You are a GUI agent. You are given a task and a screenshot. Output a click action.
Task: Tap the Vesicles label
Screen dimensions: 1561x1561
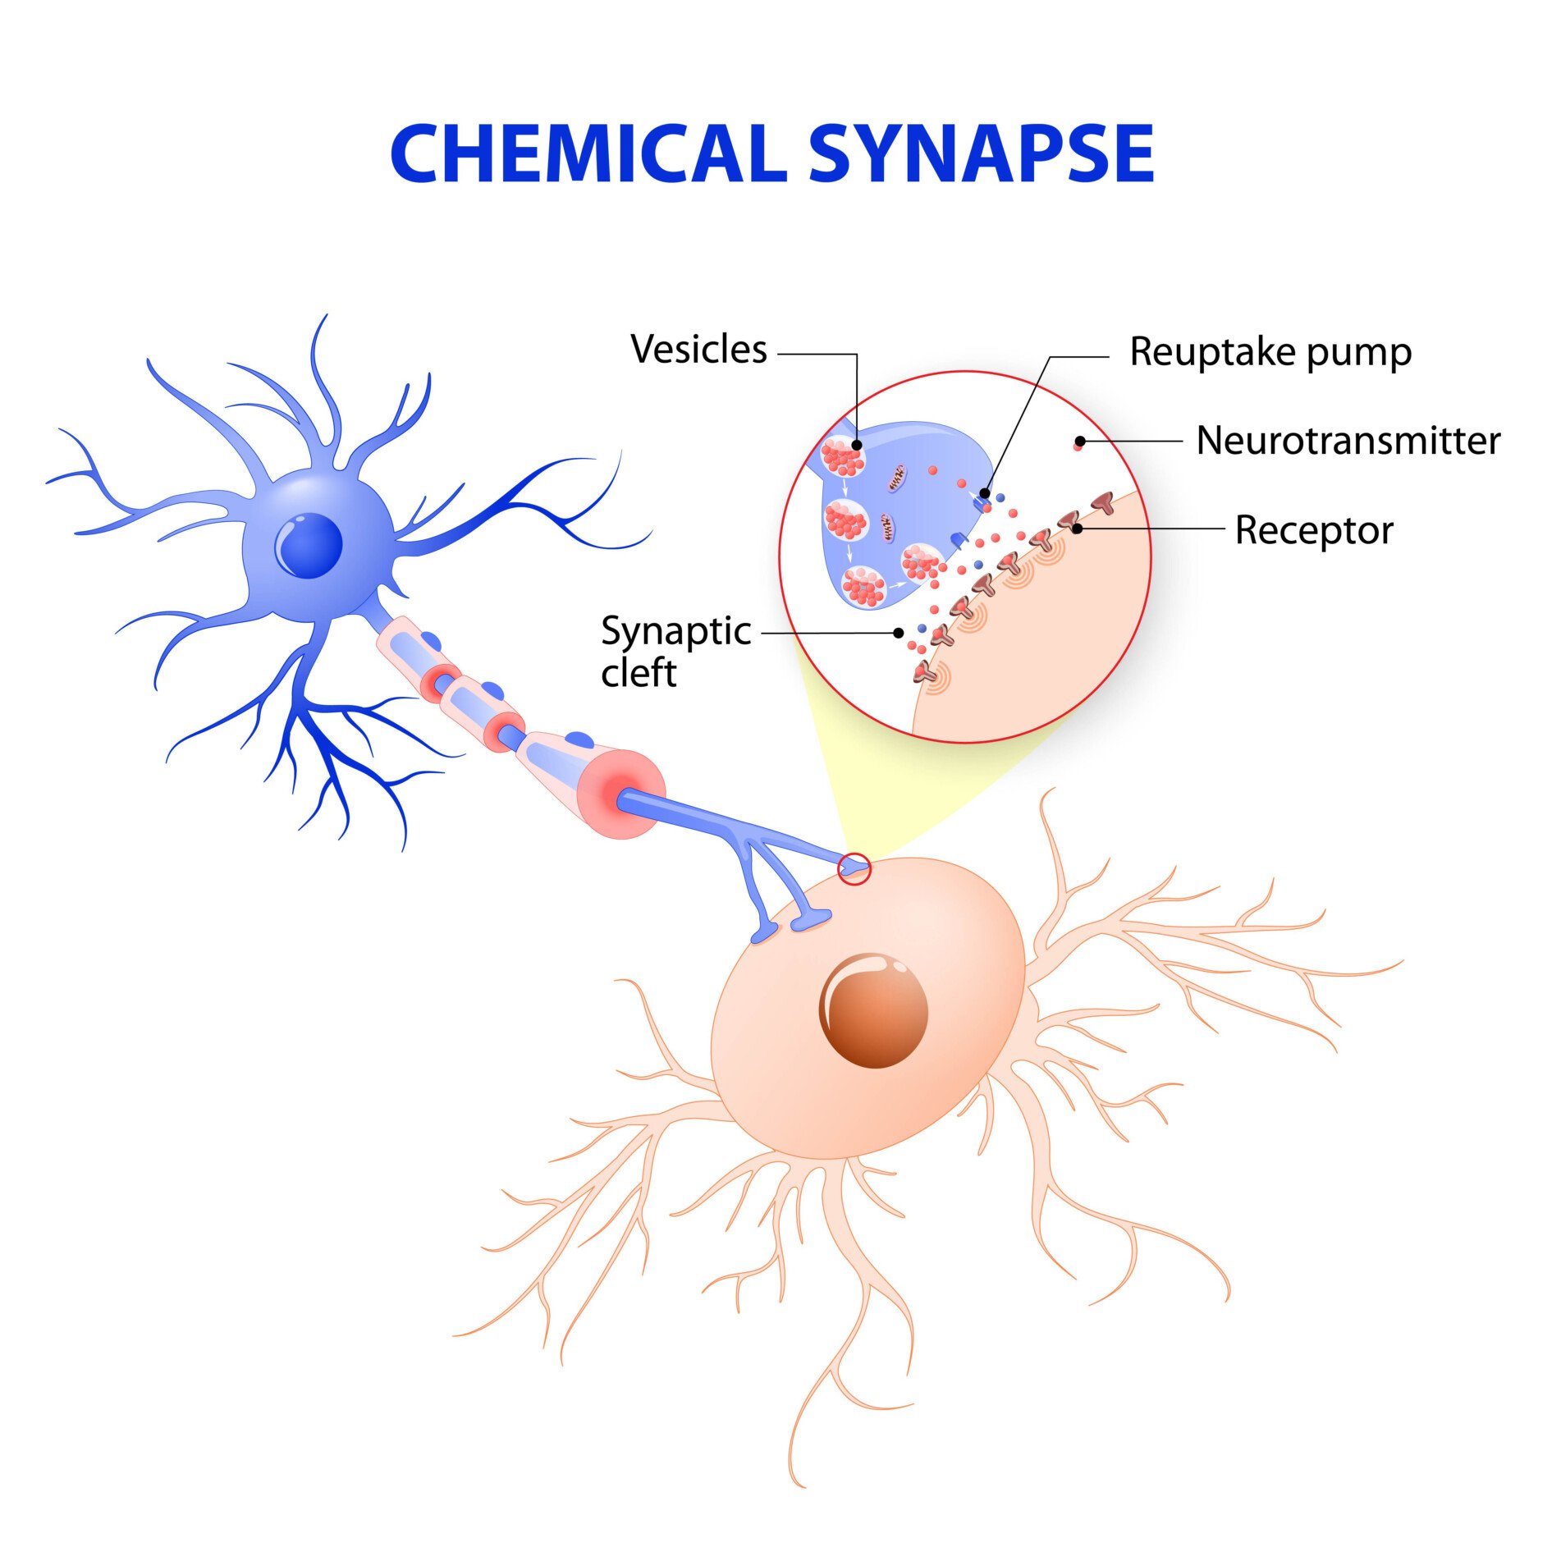(x=698, y=350)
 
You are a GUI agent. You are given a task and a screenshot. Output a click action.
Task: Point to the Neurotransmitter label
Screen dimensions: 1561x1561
(x=1348, y=441)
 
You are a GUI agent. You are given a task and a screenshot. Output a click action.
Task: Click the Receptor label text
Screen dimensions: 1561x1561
(x=1314, y=530)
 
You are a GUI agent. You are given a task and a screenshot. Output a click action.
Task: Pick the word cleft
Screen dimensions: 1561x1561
(x=639, y=674)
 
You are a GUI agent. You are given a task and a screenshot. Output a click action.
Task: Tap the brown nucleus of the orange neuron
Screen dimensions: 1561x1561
(x=873, y=1010)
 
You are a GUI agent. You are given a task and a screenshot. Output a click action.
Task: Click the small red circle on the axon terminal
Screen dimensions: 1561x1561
(x=854, y=868)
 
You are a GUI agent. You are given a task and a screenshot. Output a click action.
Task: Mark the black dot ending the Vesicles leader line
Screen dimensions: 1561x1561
(x=857, y=445)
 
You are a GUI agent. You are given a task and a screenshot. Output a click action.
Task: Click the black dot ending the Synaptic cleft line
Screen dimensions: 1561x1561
(x=899, y=634)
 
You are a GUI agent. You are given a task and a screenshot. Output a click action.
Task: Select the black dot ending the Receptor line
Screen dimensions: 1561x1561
(x=1078, y=529)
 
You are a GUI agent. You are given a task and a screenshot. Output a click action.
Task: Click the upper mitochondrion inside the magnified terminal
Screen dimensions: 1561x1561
(x=897, y=477)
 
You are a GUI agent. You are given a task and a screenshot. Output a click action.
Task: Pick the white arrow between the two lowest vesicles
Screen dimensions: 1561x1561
(x=897, y=585)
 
